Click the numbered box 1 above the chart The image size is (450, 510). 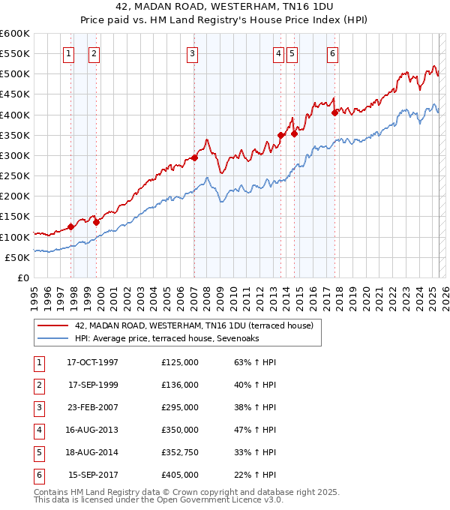68,53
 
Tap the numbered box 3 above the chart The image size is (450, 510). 193,53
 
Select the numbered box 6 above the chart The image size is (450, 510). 332,53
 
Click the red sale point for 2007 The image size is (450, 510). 194,157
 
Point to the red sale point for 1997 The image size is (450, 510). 71,226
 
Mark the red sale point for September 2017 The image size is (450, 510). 335,113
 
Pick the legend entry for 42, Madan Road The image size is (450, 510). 177,326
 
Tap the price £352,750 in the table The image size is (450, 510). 180,452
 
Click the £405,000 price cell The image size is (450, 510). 180,475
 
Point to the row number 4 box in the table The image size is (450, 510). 37,430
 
